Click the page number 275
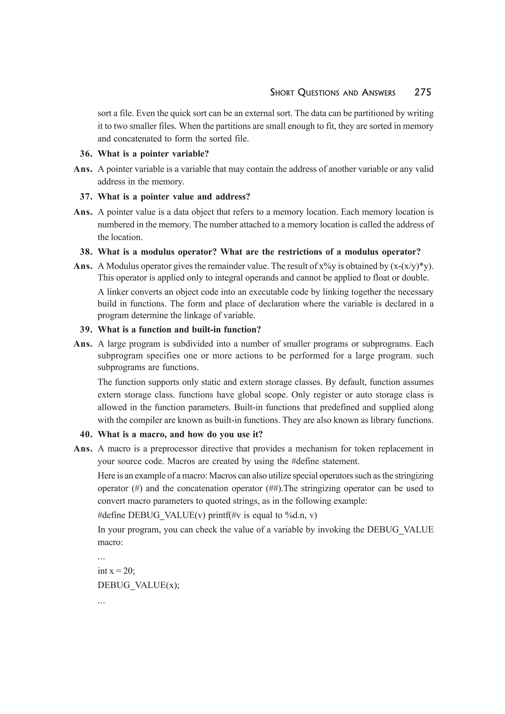click(423, 92)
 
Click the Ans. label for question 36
click(83, 169)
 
